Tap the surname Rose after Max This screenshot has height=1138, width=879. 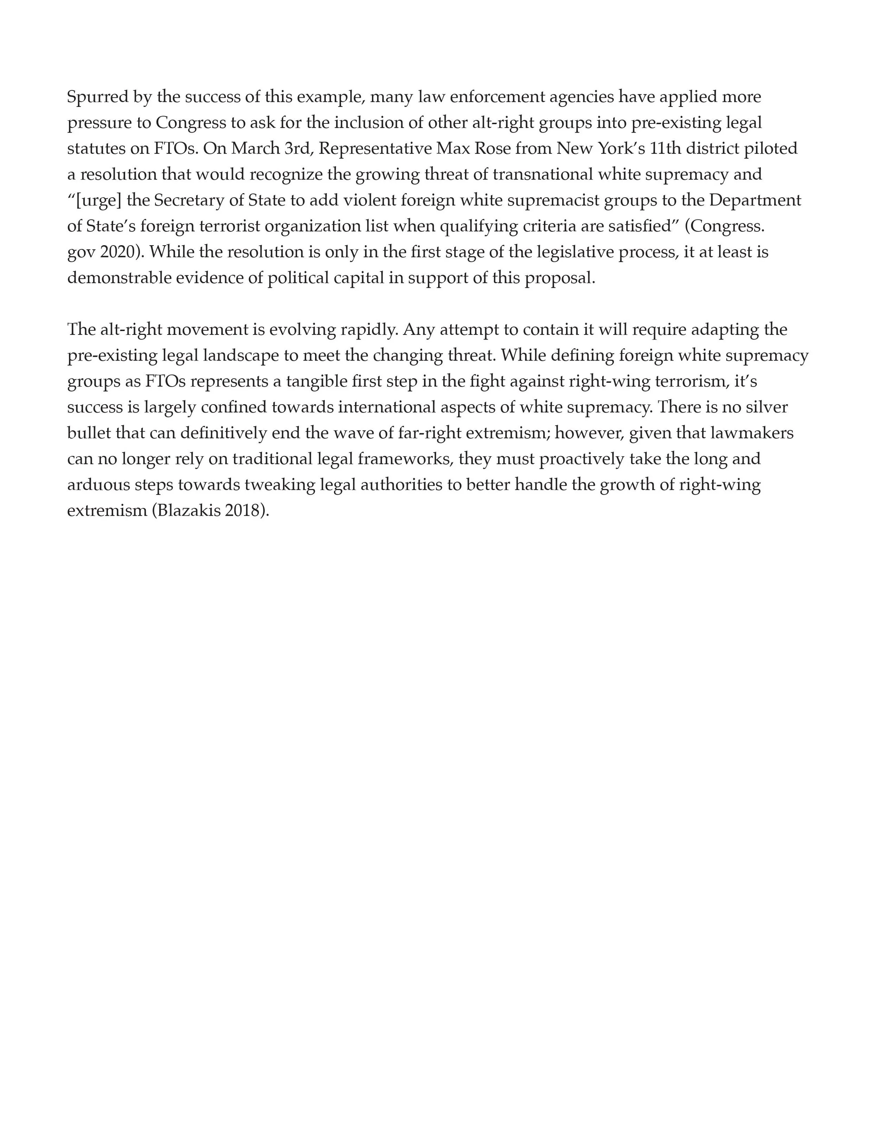492,149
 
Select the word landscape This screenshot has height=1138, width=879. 240,356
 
